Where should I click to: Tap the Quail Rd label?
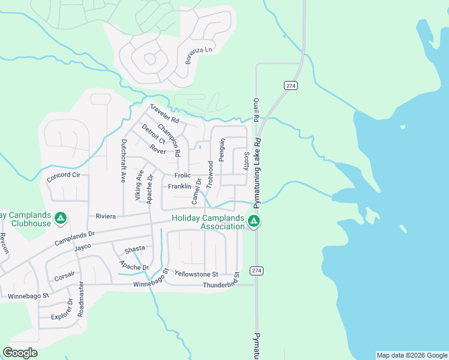256,110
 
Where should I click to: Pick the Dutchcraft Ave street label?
124,161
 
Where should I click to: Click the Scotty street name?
246,161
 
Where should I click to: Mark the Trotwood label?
210,175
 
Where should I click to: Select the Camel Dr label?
196,191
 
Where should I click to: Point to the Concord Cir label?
64,176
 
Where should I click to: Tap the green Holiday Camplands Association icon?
255,222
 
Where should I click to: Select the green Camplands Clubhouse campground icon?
60,219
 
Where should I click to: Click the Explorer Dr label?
61,316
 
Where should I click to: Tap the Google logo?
20,353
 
